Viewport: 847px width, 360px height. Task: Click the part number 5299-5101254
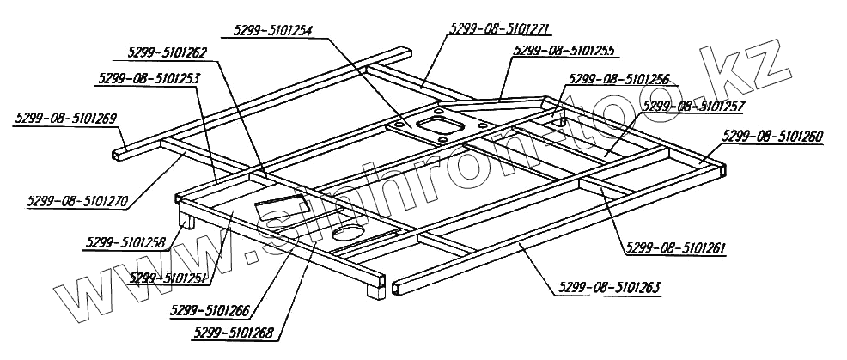268,30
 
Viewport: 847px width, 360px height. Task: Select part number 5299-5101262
166,52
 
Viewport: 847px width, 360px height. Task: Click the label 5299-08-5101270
77,204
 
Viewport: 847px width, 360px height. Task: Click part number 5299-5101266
211,307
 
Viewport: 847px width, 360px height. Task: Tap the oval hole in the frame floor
350,233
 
